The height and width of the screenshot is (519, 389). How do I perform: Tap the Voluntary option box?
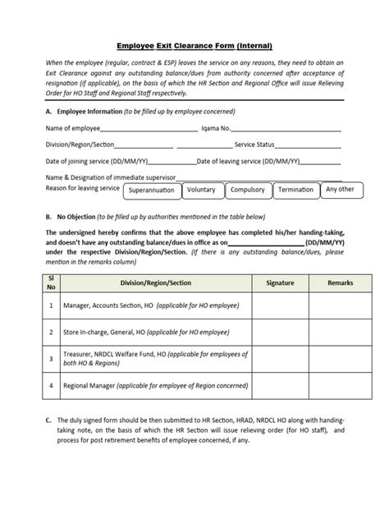point(201,191)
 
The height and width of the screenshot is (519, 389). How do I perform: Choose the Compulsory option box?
point(247,191)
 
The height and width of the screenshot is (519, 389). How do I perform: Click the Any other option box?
point(340,189)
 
